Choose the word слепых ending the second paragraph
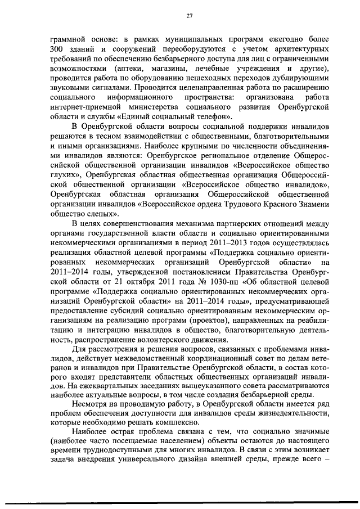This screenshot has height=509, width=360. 104,214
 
